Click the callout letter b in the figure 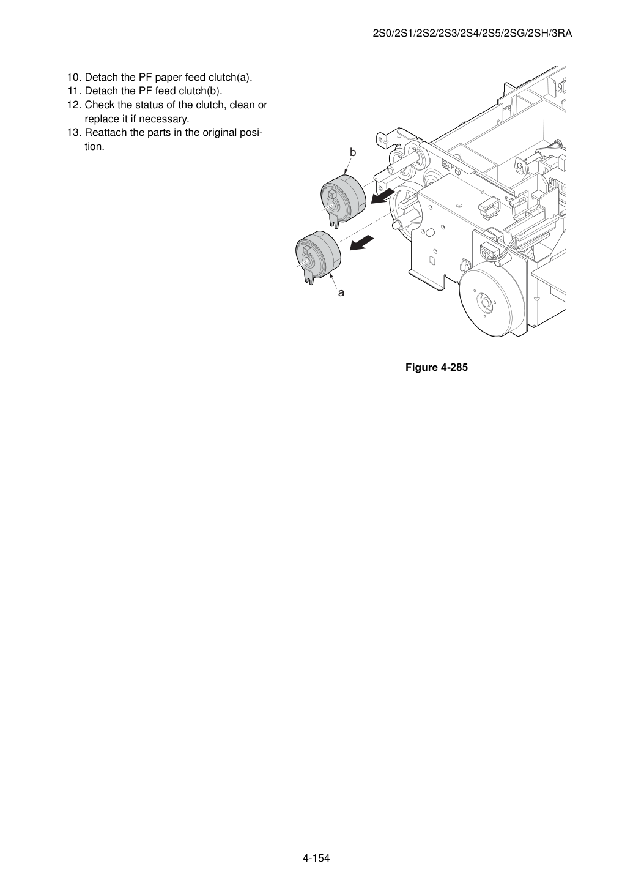click(353, 152)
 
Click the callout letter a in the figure click(341, 293)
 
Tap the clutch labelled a click(318, 255)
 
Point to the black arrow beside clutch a click(362, 244)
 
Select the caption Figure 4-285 click(436, 367)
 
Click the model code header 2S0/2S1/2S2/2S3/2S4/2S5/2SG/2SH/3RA click(472, 34)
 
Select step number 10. click(74, 77)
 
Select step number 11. click(74, 91)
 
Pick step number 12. click(74, 105)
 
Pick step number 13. click(74, 133)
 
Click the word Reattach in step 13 click(106, 133)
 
